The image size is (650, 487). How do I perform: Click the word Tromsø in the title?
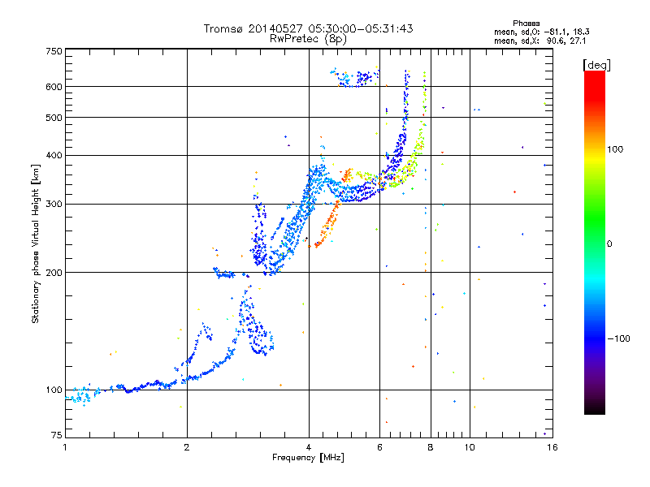pyautogui.click(x=223, y=28)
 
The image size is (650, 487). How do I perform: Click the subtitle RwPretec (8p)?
pyautogui.click(x=308, y=39)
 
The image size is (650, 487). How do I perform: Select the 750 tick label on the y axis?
pyautogui.click(x=54, y=51)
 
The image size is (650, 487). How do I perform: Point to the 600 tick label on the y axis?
pyautogui.click(x=54, y=87)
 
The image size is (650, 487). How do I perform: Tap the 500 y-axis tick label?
pyautogui.click(x=54, y=118)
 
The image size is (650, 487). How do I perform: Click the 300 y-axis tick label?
pyautogui.click(x=54, y=205)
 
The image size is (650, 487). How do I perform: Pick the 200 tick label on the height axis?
pyautogui.click(x=54, y=273)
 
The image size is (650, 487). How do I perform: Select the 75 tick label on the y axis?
pyautogui.click(x=57, y=435)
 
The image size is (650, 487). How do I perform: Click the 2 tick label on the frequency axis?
pyautogui.click(x=187, y=447)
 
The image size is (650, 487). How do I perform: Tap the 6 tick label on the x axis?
pyautogui.click(x=379, y=447)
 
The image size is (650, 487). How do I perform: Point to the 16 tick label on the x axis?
pyautogui.click(x=552, y=447)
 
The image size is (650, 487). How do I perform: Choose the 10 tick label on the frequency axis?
pyautogui.click(x=470, y=447)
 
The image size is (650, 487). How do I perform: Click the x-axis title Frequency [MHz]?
pyautogui.click(x=308, y=458)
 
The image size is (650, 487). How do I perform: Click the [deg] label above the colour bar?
pyautogui.click(x=596, y=66)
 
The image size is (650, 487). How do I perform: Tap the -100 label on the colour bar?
pyautogui.click(x=618, y=338)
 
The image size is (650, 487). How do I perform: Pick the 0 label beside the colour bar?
pyautogui.click(x=609, y=244)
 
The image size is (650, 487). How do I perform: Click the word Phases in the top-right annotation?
pyautogui.click(x=526, y=24)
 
